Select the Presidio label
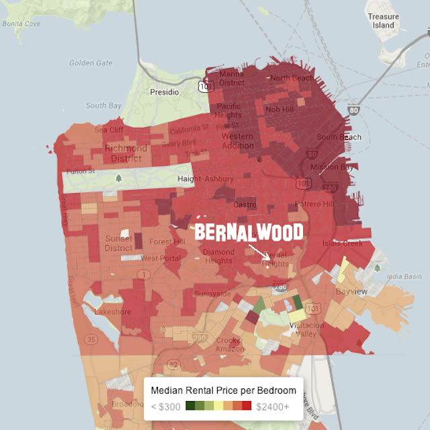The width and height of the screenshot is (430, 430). pos(165,91)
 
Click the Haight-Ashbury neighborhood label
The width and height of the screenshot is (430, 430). pos(205,179)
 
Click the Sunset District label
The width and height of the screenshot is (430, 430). pos(119,243)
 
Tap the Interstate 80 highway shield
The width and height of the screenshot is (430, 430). pos(354,110)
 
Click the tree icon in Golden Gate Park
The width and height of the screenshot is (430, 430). pos(119,178)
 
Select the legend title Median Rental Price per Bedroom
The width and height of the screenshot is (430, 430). pos(223,390)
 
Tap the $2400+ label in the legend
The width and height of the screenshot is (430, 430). pos(272,406)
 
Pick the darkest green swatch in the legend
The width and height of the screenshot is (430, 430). pos(191,406)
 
